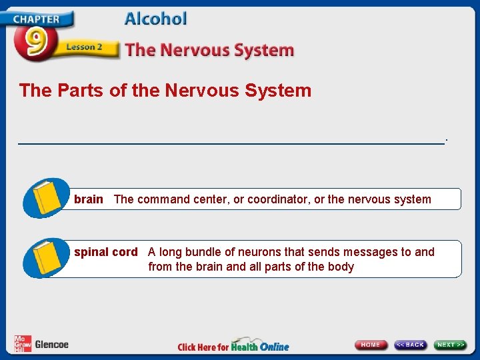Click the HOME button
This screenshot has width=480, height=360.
(371, 345)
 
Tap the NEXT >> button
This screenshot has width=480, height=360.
(451, 345)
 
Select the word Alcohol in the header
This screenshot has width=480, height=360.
(155, 19)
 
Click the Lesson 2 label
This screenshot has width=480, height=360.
(84, 47)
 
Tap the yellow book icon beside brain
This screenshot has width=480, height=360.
(47, 197)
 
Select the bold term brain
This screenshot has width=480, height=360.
(89, 199)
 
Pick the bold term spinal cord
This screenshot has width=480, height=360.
(105, 252)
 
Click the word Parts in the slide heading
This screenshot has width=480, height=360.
(75, 91)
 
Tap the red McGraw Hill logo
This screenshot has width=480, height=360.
(22, 344)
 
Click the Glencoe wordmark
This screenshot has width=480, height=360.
(51, 345)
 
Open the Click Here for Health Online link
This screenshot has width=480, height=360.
(233, 346)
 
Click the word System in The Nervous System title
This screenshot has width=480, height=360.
(264, 50)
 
